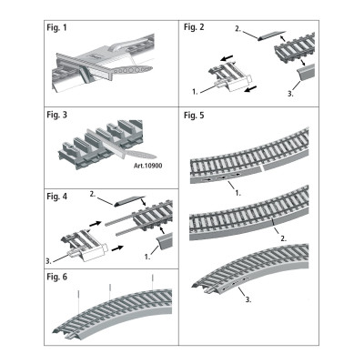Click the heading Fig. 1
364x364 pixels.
58,29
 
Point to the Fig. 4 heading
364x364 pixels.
58,197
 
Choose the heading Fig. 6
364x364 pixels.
58,274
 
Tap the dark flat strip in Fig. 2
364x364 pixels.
272,35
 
